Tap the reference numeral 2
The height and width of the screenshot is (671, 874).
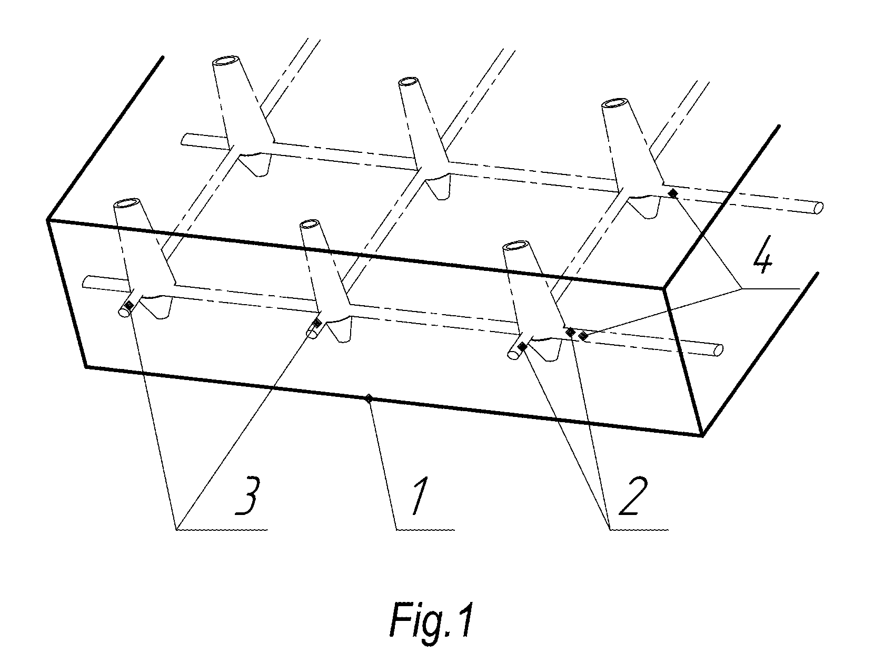coord(633,495)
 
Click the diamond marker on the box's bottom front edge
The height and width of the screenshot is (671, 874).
coord(369,398)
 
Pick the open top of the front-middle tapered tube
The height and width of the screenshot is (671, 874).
coord(310,224)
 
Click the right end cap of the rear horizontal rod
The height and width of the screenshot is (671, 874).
coord(819,207)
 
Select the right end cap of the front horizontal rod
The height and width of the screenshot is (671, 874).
coord(718,350)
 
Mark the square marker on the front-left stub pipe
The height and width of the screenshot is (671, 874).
coord(129,306)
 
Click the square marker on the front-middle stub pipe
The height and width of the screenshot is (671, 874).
coord(316,323)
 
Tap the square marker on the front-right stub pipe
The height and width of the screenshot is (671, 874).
coord(522,346)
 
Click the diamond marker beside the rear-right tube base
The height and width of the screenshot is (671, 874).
coord(672,194)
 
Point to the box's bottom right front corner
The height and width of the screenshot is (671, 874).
coord(702,436)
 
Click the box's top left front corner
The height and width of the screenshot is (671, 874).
coord(48,220)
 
